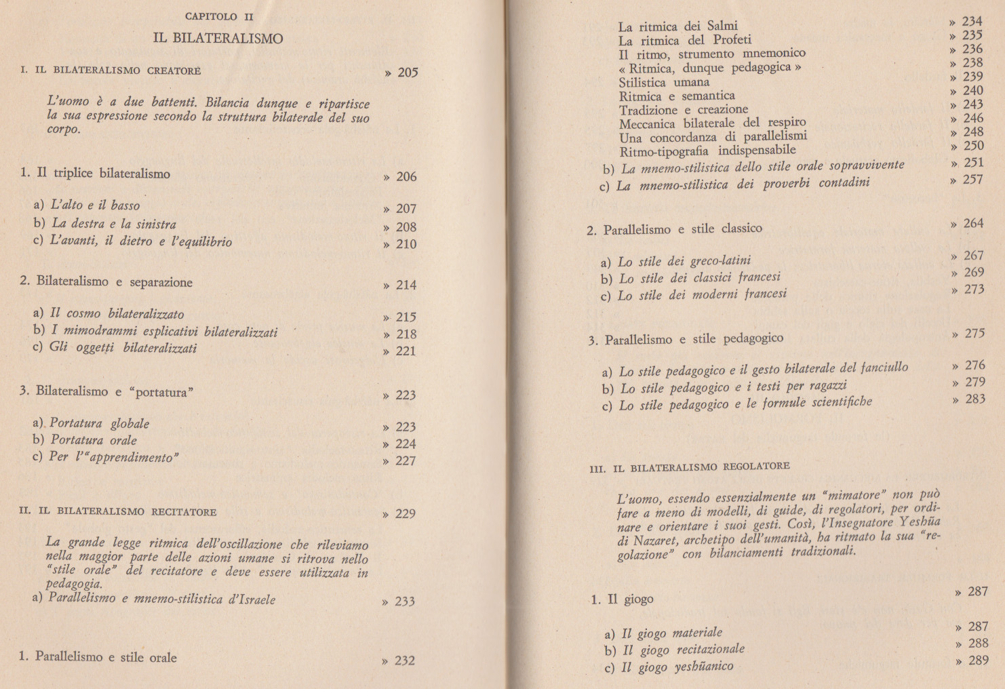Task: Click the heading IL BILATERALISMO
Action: point(218,39)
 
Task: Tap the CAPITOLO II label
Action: point(219,16)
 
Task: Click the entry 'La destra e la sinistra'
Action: point(114,224)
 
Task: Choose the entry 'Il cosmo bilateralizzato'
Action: point(117,313)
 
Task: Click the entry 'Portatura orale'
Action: point(94,440)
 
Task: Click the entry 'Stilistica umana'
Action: point(664,82)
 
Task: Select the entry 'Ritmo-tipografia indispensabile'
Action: point(707,151)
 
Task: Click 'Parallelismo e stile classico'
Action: point(683,229)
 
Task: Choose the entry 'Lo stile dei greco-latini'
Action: point(684,261)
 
